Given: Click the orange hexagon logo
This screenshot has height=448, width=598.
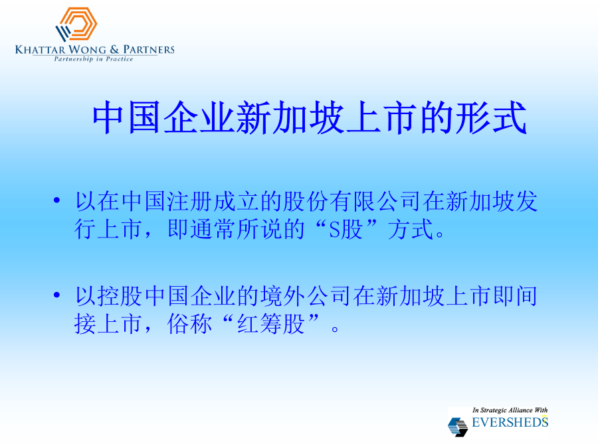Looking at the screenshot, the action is click(x=76, y=24).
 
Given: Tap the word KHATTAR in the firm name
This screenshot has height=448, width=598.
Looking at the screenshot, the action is click(x=40, y=50).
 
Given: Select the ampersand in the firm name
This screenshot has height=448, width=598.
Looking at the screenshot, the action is click(x=114, y=50).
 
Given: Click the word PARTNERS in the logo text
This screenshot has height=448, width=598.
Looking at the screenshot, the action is click(x=149, y=50).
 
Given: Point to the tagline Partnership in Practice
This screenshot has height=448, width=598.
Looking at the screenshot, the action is click(x=94, y=59).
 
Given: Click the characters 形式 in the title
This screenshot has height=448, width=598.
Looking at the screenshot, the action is click(x=492, y=117).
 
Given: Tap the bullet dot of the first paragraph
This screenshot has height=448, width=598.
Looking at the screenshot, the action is click(x=57, y=200).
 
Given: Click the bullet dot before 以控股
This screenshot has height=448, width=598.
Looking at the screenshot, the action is click(x=57, y=295).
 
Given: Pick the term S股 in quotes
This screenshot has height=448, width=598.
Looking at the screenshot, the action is click(x=346, y=230).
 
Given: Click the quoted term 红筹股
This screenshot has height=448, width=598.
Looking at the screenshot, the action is click(x=270, y=324).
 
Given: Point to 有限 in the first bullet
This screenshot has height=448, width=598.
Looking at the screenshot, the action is click(x=352, y=201).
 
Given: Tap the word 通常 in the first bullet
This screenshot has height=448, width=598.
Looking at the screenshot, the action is click(x=213, y=230).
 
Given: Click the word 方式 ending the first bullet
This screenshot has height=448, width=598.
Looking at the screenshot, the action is click(x=411, y=230).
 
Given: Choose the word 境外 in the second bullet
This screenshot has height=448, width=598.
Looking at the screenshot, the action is click(x=282, y=296).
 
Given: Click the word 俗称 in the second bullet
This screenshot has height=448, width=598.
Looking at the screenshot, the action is click(x=189, y=324).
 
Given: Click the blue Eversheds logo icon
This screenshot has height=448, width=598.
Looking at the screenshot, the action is click(x=458, y=426).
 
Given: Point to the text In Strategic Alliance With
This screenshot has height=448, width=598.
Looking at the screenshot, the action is click(x=510, y=410).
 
